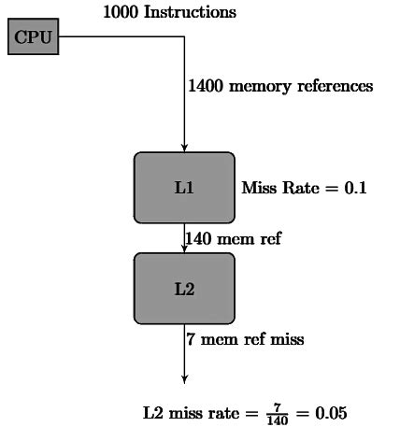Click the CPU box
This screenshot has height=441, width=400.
point(34,38)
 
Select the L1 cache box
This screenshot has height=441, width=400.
point(184,187)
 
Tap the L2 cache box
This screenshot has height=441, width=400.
point(184,289)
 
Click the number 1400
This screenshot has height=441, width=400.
point(206,86)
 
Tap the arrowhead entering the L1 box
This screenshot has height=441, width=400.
point(184,147)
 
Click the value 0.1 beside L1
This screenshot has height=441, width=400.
point(356,188)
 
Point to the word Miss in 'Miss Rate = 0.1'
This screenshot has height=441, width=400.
point(258,188)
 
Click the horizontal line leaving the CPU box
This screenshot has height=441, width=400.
point(121,38)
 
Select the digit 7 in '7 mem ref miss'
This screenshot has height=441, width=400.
point(191,339)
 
